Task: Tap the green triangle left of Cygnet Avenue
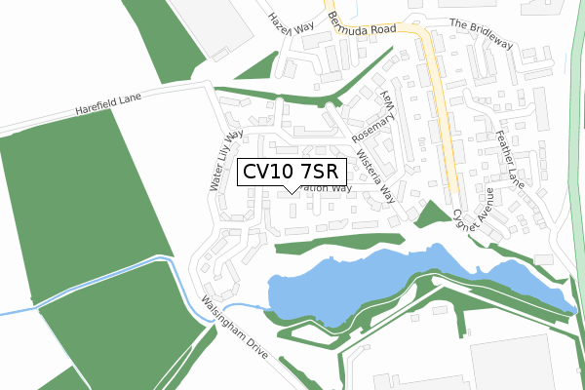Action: (429, 213)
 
